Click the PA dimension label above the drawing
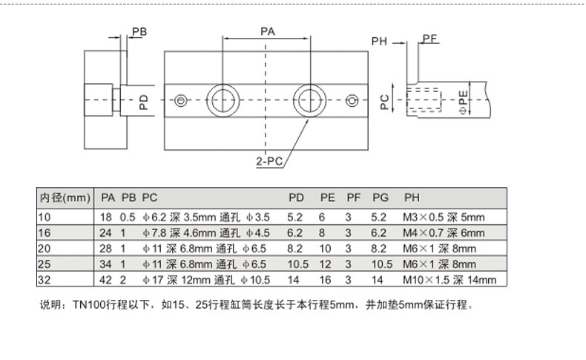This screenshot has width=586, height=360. pyautogui.click(x=268, y=31)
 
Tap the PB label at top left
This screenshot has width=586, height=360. pyautogui.click(x=139, y=32)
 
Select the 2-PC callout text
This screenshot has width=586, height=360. pyautogui.click(x=269, y=161)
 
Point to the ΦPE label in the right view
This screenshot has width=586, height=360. pyautogui.click(x=463, y=102)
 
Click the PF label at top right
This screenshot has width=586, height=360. pyautogui.click(x=429, y=39)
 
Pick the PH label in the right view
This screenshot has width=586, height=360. pyautogui.click(x=379, y=41)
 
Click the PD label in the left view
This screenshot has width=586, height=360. pyautogui.click(x=143, y=102)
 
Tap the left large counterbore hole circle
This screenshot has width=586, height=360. pyautogui.click(x=223, y=85)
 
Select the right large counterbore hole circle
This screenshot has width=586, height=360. pyautogui.click(x=309, y=85)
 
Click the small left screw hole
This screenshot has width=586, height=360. pyautogui.click(x=181, y=100)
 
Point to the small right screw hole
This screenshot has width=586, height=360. pyautogui.click(x=352, y=100)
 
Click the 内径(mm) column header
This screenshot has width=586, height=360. pyautogui.click(x=65, y=197)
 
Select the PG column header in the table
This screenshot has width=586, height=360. pyautogui.click(x=381, y=197)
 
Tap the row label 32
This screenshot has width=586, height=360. pyautogui.click(x=44, y=280)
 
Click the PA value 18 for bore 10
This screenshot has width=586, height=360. pyautogui.click(x=105, y=217)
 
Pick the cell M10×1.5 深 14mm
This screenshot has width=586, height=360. pyautogui.click(x=450, y=280)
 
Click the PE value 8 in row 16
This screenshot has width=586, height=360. pyautogui.click(x=322, y=233)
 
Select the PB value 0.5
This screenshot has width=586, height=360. pyautogui.click(x=128, y=217)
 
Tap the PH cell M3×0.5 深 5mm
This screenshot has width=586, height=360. pyautogui.click(x=444, y=217)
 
